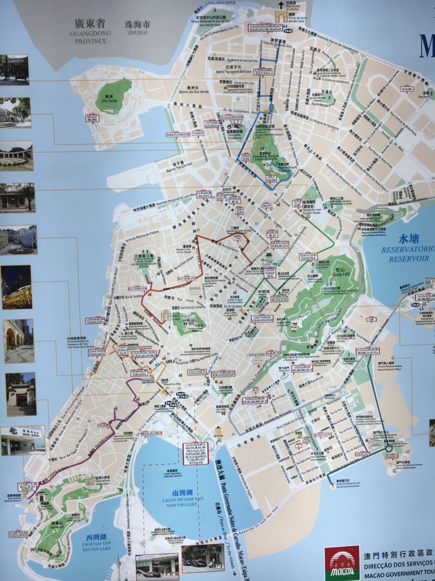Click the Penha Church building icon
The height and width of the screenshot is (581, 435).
[89, 481]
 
